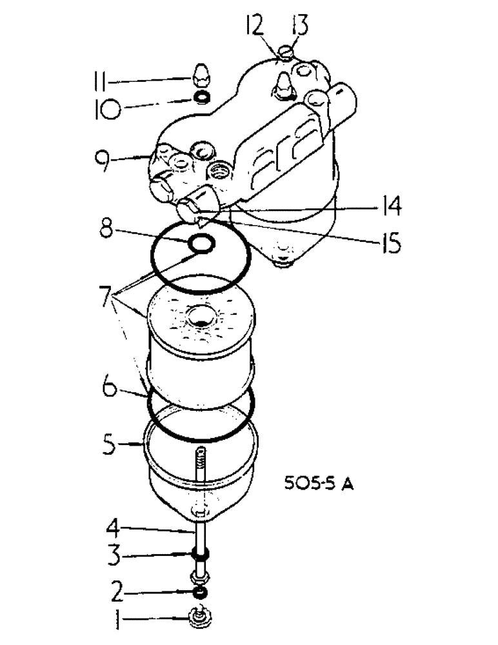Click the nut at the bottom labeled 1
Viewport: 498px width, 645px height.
click(x=198, y=619)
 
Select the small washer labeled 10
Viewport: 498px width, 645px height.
click(x=203, y=97)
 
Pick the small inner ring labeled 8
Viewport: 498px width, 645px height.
click(x=201, y=244)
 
